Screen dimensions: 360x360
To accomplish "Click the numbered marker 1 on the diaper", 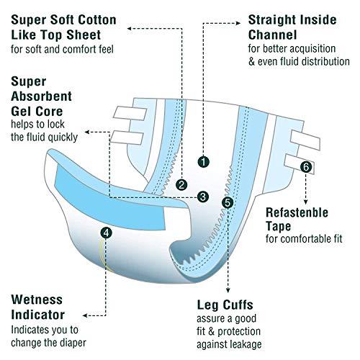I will [x=205, y=162].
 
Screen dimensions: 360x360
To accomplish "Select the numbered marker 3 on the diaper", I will [x=203, y=195].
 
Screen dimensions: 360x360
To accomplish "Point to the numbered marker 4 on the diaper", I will [x=107, y=233].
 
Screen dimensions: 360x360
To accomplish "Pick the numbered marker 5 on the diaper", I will [x=228, y=203].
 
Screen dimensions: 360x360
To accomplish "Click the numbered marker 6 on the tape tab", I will [x=307, y=167].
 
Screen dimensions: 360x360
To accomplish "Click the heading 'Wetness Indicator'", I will [x=37, y=307].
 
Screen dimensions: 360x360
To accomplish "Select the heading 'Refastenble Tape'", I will [x=297, y=220].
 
